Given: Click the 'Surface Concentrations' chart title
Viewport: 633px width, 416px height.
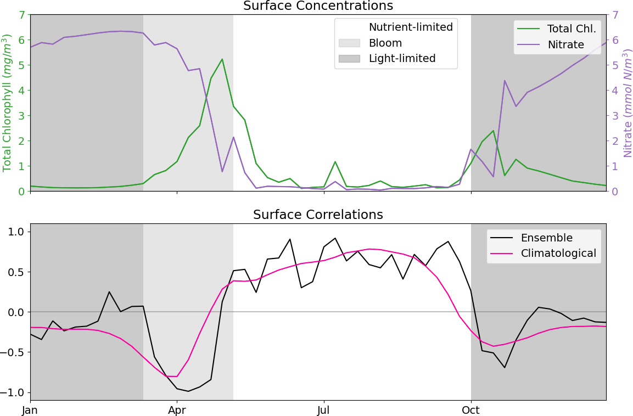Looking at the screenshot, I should (x=318, y=6).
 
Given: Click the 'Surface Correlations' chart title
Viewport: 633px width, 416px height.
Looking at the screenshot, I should (x=318, y=215).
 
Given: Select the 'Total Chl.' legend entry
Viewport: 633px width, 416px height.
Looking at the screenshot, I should (x=572, y=29).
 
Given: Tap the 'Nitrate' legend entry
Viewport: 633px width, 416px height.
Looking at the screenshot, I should (x=565, y=44).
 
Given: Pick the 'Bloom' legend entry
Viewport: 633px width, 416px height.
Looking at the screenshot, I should (x=385, y=43).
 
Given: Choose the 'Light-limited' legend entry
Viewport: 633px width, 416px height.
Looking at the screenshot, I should (x=402, y=58).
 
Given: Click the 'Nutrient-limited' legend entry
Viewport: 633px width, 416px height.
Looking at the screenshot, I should (x=410, y=27).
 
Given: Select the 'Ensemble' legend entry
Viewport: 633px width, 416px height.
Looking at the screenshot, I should (x=546, y=238).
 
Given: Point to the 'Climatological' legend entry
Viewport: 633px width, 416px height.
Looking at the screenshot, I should (x=558, y=253).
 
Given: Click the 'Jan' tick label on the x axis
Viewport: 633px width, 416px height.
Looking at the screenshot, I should (x=30, y=409).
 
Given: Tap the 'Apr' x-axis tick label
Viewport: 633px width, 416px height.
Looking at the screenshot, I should (x=177, y=409).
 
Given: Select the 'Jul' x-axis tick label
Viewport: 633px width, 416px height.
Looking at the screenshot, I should (x=324, y=409).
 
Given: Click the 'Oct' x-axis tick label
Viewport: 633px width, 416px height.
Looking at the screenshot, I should (x=471, y=409).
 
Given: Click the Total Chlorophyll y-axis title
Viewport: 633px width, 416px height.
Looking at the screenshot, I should (x=7, y=103).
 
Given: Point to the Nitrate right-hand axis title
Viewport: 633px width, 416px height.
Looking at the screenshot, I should (x=627, y=103).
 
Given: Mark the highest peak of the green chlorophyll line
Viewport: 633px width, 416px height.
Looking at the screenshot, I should (x=222, y=59).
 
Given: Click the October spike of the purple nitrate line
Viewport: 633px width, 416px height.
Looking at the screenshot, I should (x=505, y=81).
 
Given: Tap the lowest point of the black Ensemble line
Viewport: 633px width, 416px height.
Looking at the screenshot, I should (x=188, y=391).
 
